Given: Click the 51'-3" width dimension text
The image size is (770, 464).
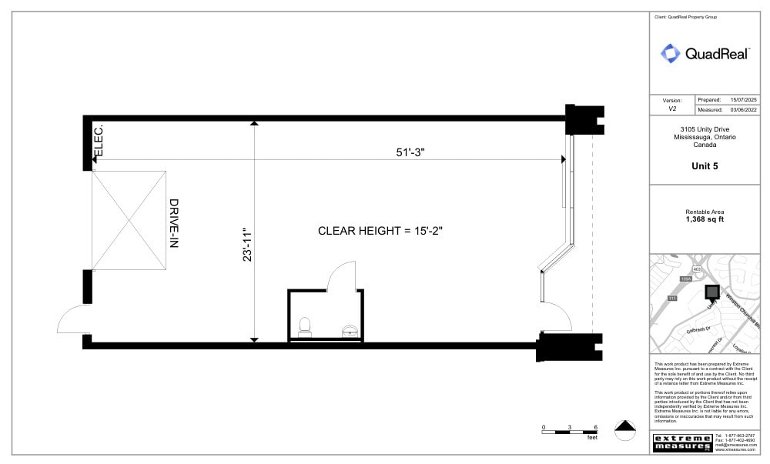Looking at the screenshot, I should pos(405,152).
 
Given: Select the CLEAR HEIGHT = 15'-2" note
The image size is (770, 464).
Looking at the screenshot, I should pos(380,231).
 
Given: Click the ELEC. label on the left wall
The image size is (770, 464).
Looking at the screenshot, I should pos(99,139).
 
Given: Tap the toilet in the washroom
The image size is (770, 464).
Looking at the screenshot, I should pos(304,326).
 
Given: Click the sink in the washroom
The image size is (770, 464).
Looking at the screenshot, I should pos(350,331).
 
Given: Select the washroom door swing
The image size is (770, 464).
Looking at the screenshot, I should pos(341,275).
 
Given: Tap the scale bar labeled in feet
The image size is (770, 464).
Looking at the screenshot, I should pos(570,430).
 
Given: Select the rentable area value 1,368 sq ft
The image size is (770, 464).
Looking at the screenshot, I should pos(705,219).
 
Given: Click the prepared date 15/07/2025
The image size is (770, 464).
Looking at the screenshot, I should pos(744,100).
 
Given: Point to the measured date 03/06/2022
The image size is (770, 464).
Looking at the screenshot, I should pos(744,109).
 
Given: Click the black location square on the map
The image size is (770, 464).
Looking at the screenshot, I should pos(712,292).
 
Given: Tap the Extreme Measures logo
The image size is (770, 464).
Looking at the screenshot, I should pos(681,443).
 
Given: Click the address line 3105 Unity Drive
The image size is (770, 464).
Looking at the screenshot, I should pos(705,129).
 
